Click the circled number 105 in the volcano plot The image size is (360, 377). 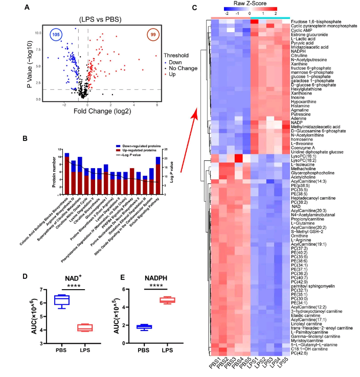[57, 34]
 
